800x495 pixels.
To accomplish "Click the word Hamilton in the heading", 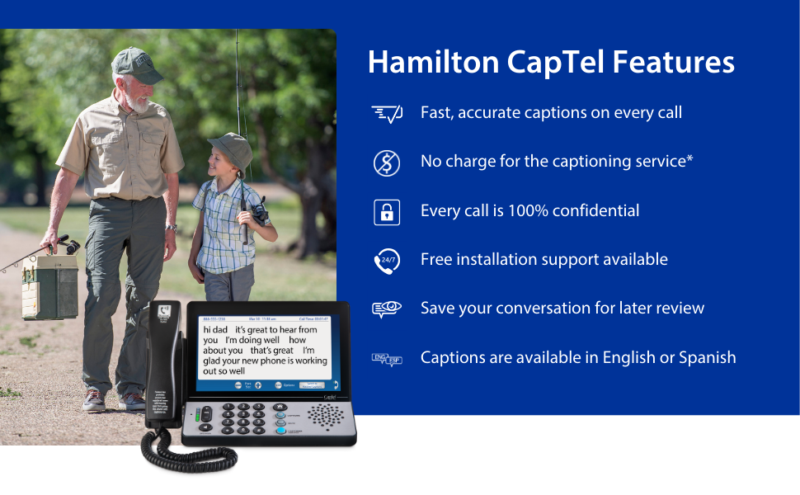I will [x=431, y=63].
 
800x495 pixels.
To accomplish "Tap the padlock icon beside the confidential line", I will [x=387, y=212].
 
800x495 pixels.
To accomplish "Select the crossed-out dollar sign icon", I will [x=387, y=163].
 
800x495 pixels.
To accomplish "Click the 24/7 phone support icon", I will [x=387, y=261].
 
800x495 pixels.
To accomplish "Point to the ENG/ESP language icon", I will [x=387, y=359].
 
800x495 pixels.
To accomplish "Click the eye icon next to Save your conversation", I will [x=387, y=309].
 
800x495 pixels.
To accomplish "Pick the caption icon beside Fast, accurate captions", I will [x=387, y=114].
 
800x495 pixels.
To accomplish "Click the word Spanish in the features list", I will [x=707, y=358].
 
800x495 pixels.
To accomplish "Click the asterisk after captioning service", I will [x=689, y=157].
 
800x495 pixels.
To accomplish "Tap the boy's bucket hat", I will [x=230, y=148].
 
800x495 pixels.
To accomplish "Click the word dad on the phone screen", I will [x=220, y=329].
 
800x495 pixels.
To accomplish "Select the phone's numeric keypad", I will [x=245, y=417].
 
